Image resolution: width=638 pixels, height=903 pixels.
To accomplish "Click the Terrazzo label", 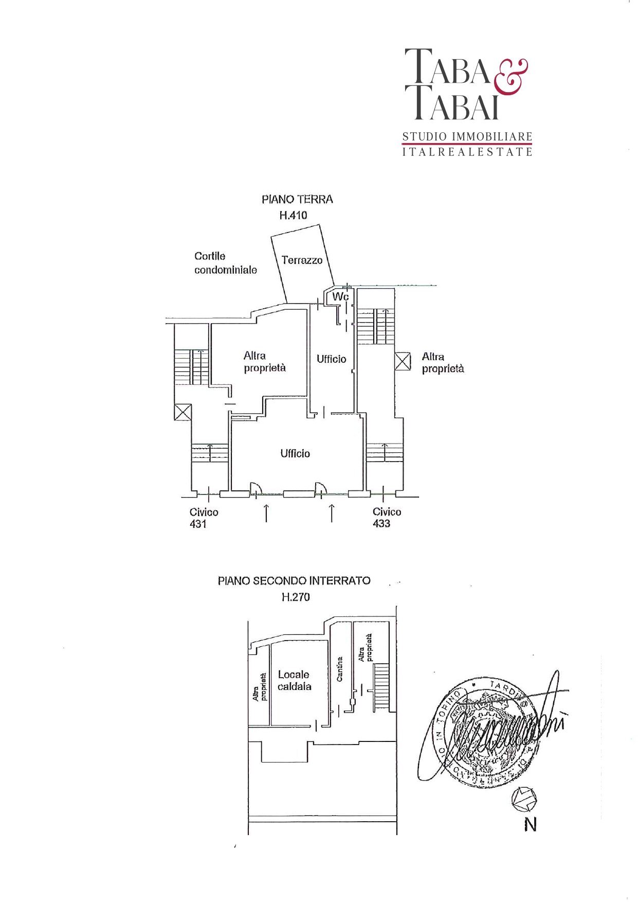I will [x=302, y=260].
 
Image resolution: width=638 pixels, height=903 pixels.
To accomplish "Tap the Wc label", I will [x=340, y=297].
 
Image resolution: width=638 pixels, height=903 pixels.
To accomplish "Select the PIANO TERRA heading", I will [x=297, y=199].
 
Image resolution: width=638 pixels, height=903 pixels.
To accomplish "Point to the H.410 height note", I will [x=293, y=215].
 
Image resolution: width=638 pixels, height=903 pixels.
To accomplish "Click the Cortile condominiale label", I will [x=225, y=263].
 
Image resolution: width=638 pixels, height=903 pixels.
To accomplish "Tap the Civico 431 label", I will [x=204, y=518].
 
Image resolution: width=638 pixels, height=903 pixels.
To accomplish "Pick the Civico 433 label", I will [x=387, y=518].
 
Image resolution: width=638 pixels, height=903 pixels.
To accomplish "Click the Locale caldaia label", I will [x=294, y=680].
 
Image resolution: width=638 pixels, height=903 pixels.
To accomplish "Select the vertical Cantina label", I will [x=339, y=669].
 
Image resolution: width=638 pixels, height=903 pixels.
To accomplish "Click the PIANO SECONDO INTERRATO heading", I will [x=294, y=581].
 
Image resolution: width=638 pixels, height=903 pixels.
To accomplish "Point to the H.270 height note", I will [x=296, y=597].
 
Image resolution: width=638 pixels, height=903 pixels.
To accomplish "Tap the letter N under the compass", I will [x=530, y=825].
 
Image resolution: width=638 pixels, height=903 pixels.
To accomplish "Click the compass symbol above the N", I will [x=524, y=799].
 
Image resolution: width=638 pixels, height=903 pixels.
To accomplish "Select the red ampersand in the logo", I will [x=511, y=77].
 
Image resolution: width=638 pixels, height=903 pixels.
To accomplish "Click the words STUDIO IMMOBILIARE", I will [x=467, y=137].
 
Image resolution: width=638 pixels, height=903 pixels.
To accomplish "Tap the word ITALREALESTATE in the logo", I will [x=467, y=152].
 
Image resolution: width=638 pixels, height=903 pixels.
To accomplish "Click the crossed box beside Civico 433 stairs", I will [x=403, y=361].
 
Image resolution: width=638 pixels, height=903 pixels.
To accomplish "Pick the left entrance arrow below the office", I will [x=266, y=513].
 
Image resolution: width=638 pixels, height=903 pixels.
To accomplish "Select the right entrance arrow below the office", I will [x=332, y=513].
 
